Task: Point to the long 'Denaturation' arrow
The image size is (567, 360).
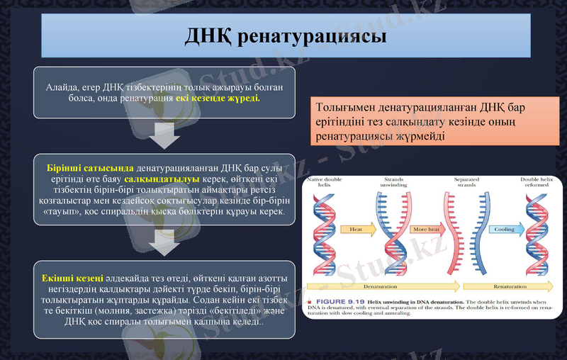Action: pyautogui.click(x=380, y=286)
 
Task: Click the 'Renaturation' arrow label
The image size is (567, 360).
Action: pyautogui.click(x=510, y=286)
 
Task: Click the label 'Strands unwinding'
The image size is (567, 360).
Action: pyautogui.click(x=393, y=183)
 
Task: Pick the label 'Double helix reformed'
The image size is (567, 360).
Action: pyautogui.click(x=536, y=183)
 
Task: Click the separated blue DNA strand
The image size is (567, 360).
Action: pyautogui.click(x=483, y=234)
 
